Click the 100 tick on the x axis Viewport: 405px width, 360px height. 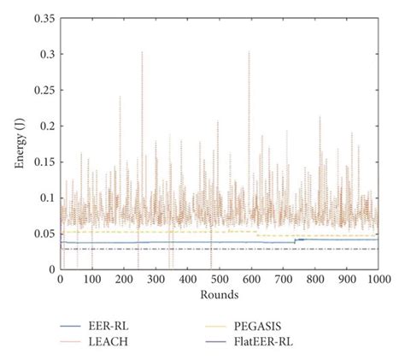coord(91,280)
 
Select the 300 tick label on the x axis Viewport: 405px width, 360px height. coord(156,280)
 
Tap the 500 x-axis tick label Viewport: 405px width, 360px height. coord(220,280)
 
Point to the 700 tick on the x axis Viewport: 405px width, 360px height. coord(283,280)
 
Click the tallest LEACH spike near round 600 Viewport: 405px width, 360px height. coord(249,52)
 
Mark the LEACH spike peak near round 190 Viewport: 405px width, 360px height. coord(120,97)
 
